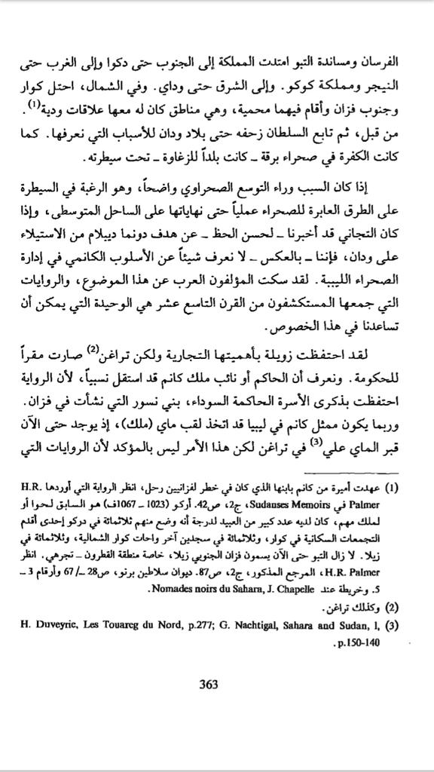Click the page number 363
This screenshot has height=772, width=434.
[209, 685]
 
